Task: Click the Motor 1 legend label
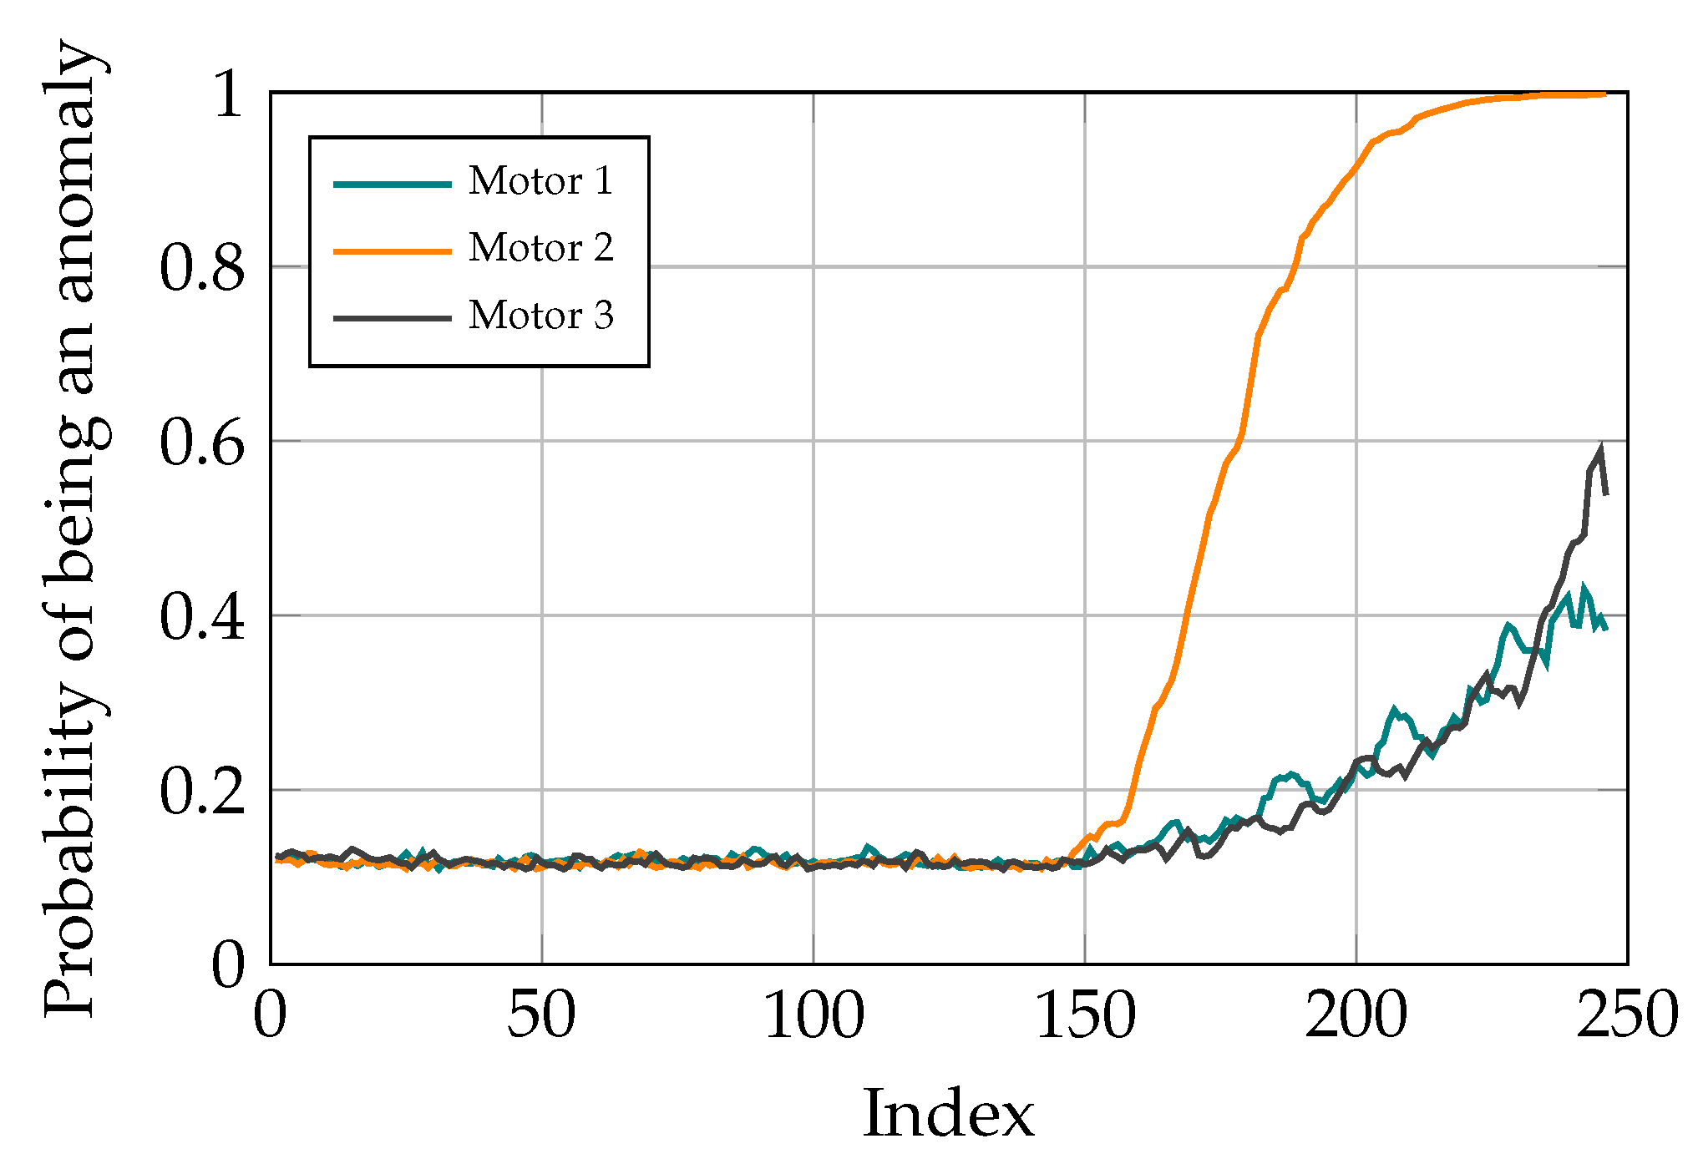pyautogui.click(x=540, y=181)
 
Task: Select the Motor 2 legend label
pyautogui.click(x=540, y=248)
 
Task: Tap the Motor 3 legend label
pyautogui.click(x=540, y=316)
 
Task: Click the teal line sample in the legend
pyautogui.click(x=393, y=184)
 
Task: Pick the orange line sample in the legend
pyautogui.click(x=393, y=250)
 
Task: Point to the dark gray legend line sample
pyautogui.click(x=393, y=318)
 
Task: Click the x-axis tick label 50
pyautogui.click(x=541, y=1016)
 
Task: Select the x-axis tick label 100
pyautogui.click(x=814, y=1016)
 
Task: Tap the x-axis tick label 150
pyautogui.click(x=1085, y=1016)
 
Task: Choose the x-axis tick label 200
pyautogui.click(x=1356, y=1016)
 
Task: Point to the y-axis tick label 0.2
pyautogui.click(x=202, y=790)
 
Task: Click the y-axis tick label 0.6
pyautogui.click(x=202, y=442)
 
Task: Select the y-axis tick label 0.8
pyautogui.click(x=202, y=268)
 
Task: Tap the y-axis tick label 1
pyautogui.click(x=228, y=94)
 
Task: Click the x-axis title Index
pyautogui.click(x=948, y=1114)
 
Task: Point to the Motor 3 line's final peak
pyautogui.click(x=1601, y=448)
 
